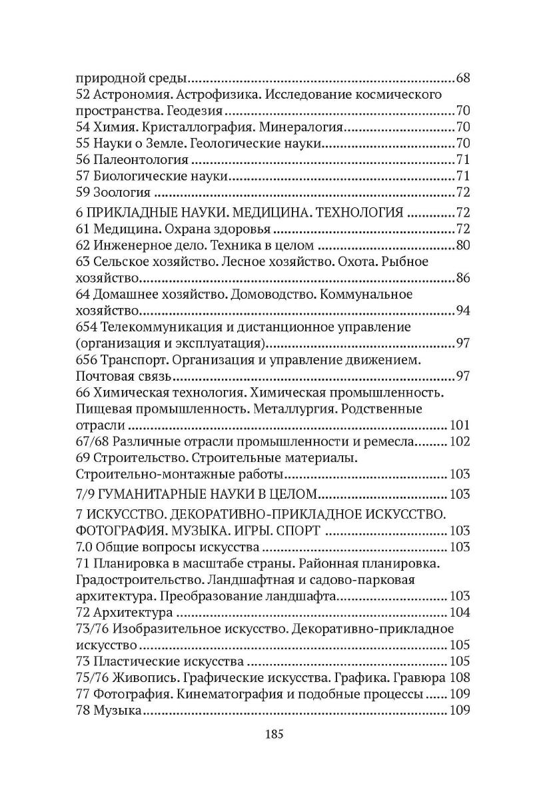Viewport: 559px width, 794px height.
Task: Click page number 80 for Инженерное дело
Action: (463, 245)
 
